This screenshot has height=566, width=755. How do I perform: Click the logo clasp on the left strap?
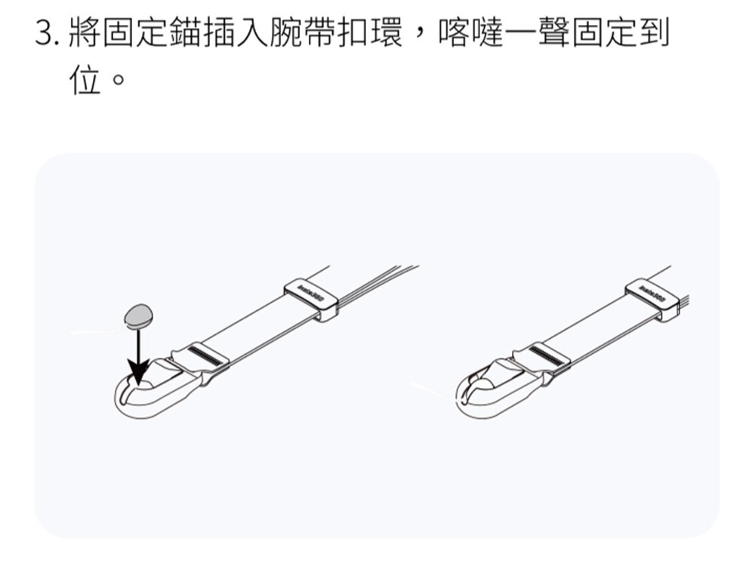[x=311, y=297]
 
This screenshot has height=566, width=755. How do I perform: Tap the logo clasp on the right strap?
[x=653, y=297]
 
